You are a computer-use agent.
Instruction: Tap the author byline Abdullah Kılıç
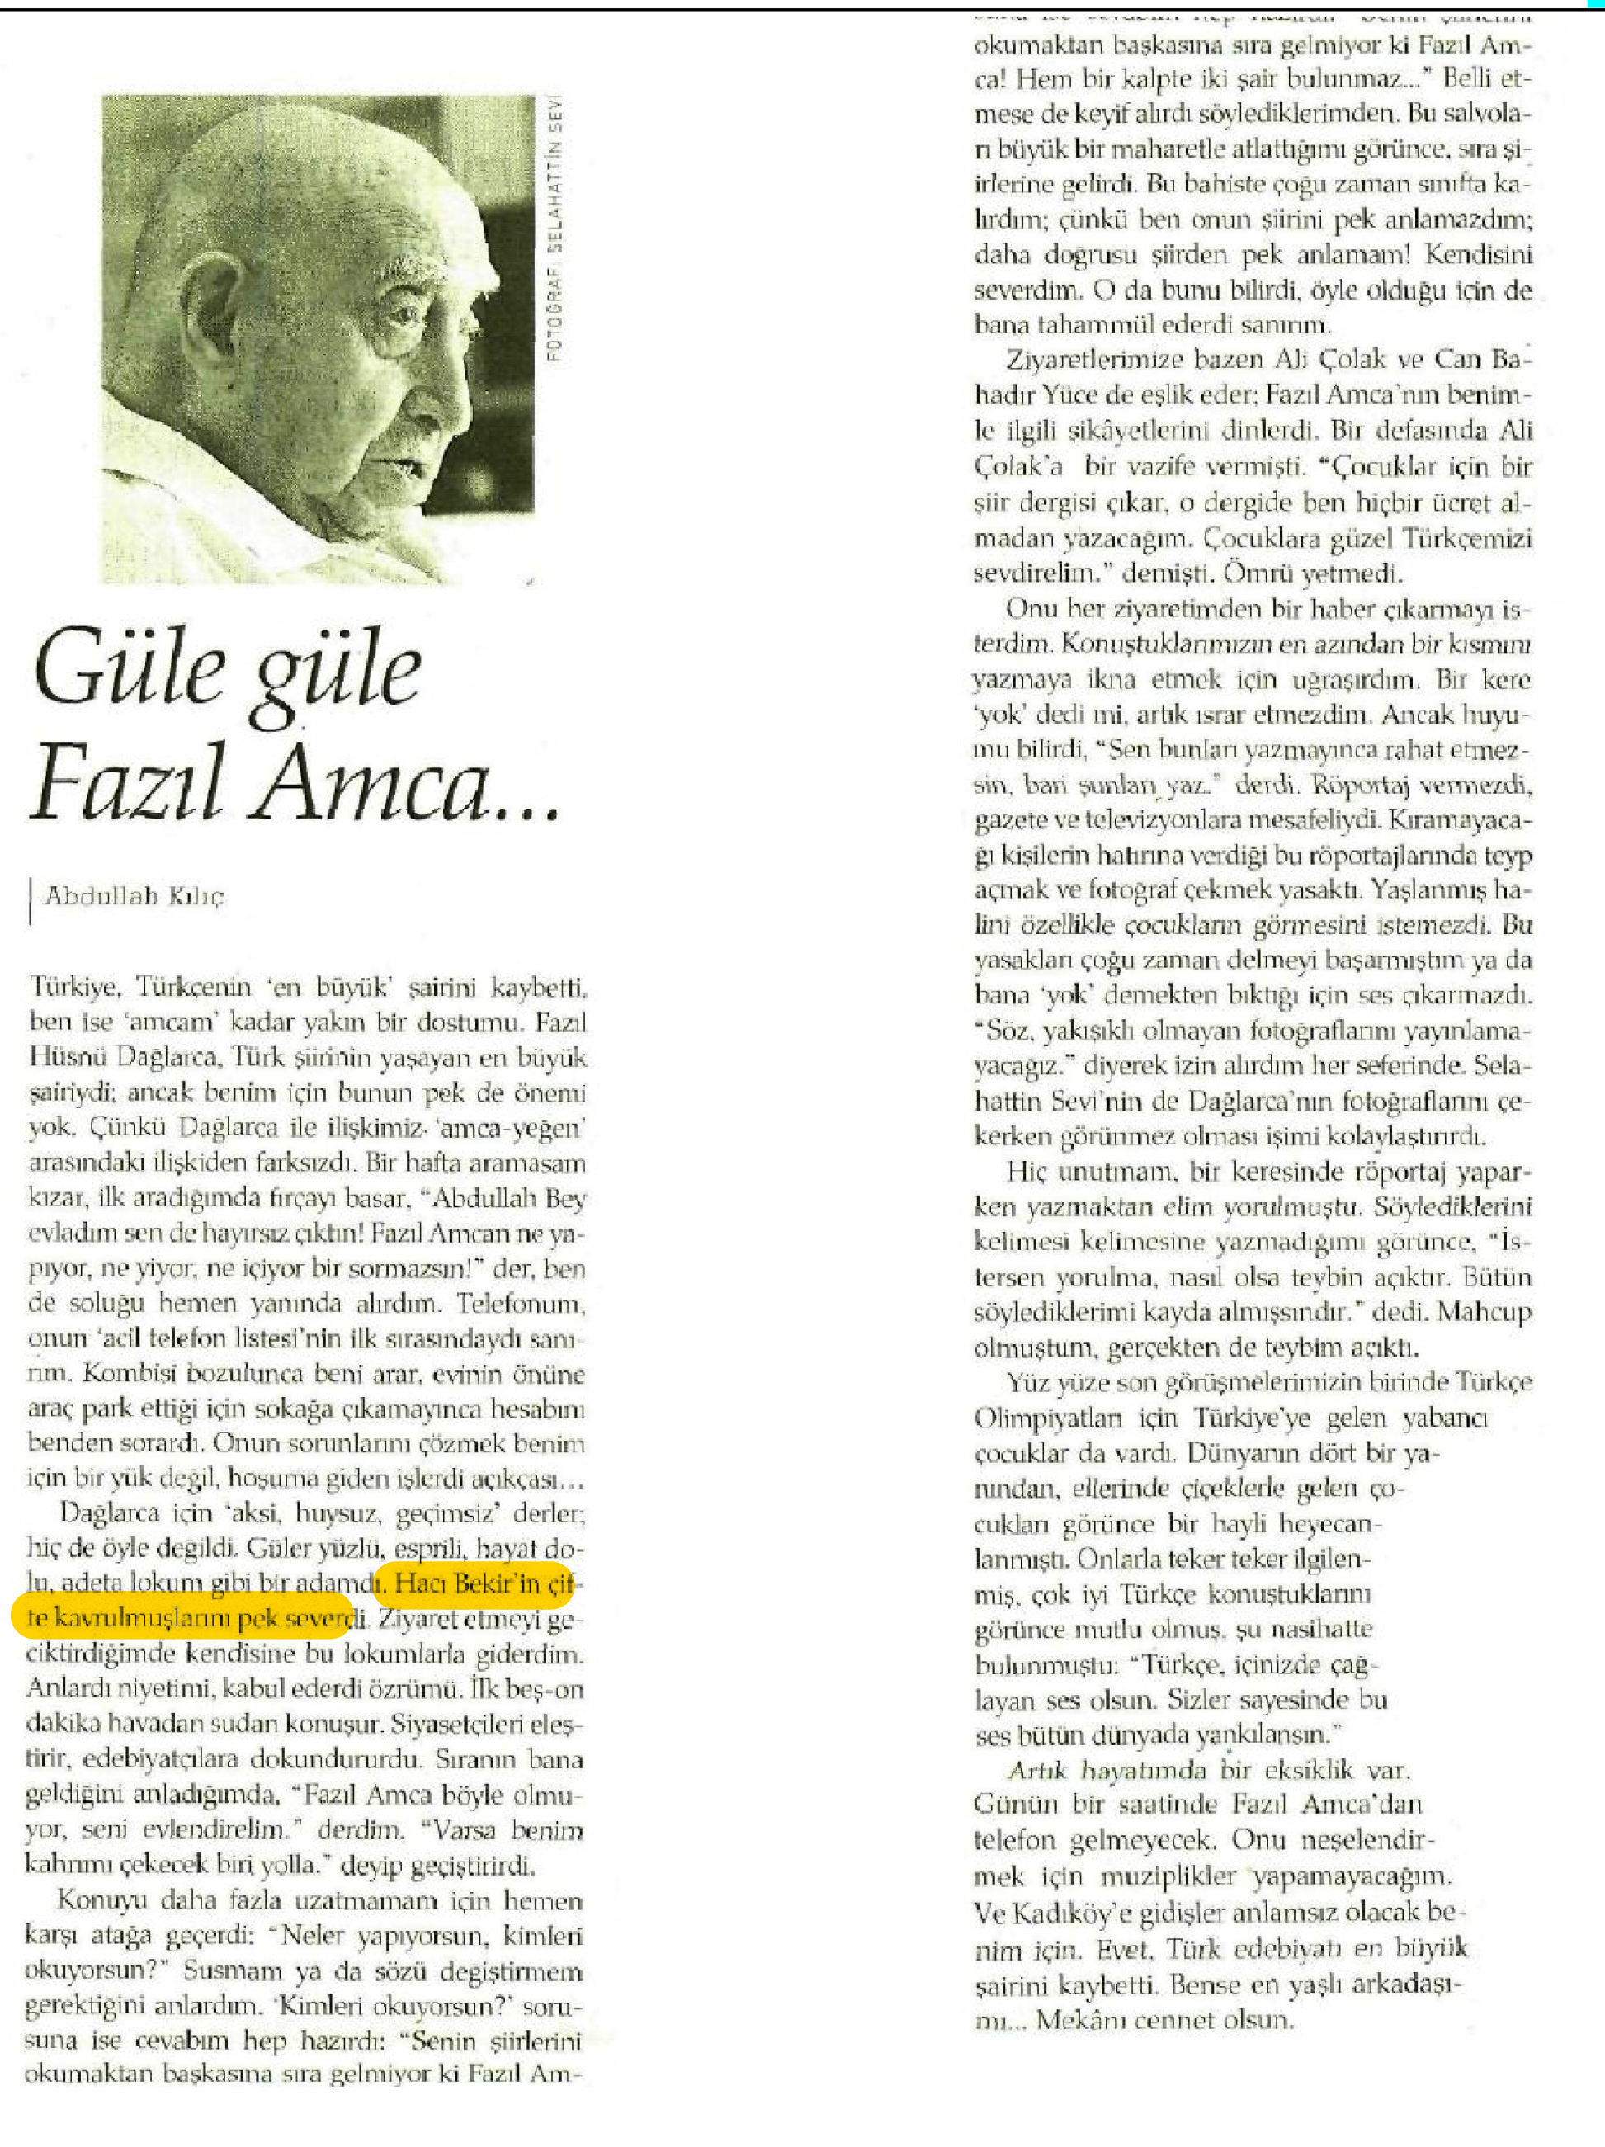click(134, 896)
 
